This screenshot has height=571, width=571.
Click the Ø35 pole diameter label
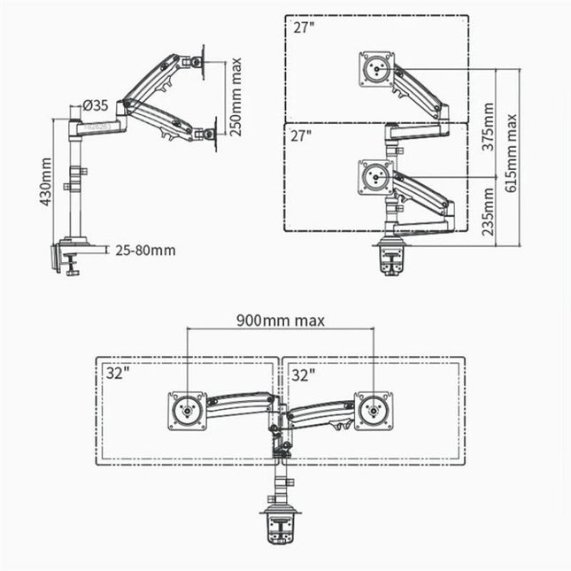point(96,105)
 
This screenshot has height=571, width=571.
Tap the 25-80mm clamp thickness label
point(145,250)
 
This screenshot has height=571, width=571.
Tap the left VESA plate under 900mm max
point(187,410)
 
